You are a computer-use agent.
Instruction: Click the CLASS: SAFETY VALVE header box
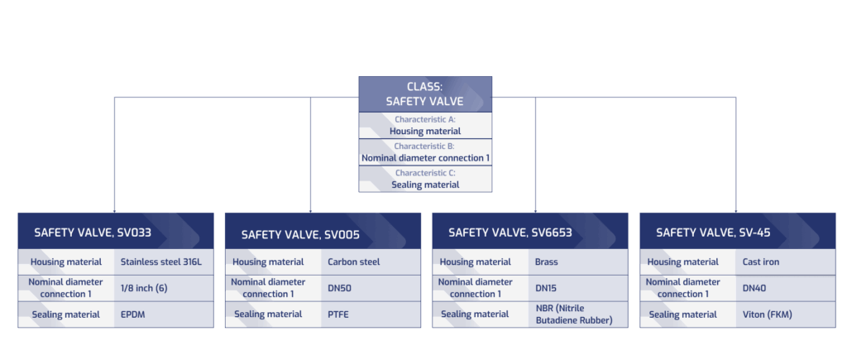click(424, 94)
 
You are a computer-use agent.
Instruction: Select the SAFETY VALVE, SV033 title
click(93, 233)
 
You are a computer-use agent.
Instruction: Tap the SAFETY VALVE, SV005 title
click(300, 234)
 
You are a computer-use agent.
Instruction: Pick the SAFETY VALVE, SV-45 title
click(713, 233)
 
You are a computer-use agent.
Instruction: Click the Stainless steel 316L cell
click(160, 262)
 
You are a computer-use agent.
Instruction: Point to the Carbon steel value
click(353, 262)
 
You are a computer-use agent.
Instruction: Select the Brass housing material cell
click(547, 262)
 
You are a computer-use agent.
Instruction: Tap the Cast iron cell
click(761, 262)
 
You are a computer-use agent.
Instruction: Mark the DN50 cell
click(341, 288)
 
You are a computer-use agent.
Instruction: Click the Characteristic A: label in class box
click(424, 120)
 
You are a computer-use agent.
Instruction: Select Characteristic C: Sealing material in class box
click(424, 180)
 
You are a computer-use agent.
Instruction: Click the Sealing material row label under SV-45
click(683, 314)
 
